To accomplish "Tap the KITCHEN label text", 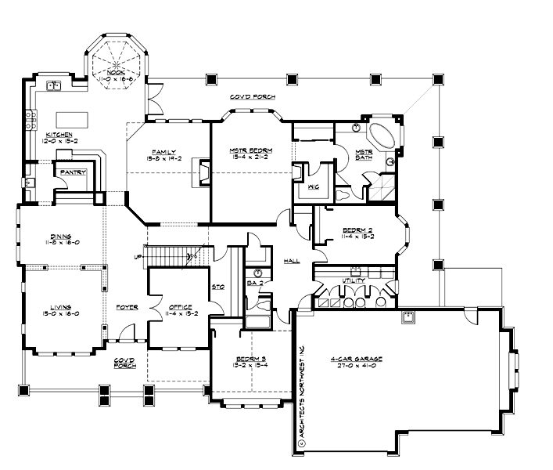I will pos(61,135).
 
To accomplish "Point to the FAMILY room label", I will pos(163,152).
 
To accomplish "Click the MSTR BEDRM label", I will pos(250,152).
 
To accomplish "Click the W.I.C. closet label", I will pos(314,188).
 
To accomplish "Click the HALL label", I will pos(292,262).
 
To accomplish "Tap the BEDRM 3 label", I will pos(253,361).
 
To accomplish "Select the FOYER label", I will pos(127,307).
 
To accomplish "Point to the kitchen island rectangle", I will pos(81,120).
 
